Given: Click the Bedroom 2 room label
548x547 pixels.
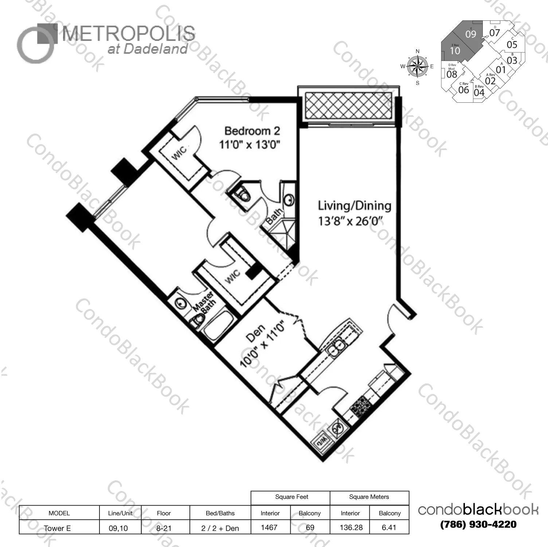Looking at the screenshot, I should click(252, 131).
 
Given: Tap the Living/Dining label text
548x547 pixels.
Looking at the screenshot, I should click(355, 206).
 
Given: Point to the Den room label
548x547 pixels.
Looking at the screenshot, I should click(255, 333).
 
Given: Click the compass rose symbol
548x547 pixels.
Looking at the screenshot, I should click(418, 67).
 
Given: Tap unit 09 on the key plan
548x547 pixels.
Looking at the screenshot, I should click(470, 34).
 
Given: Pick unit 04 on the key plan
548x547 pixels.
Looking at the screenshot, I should click(479, 92).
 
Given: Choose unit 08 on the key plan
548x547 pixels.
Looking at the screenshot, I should click(451, 74).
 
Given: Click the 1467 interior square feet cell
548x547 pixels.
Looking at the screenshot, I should click(270, 527).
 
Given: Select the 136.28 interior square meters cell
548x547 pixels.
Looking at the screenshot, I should click(351, 527).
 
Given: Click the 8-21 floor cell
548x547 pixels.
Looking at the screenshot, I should click(164, 528).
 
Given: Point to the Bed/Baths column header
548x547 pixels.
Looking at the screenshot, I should click(220, 513).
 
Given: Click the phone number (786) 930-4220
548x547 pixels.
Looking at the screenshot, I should click(478, 524).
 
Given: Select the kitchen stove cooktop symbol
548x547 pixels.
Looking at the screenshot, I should click(361, 405).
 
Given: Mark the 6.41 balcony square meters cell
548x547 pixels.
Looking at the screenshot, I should click(389, 527).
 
